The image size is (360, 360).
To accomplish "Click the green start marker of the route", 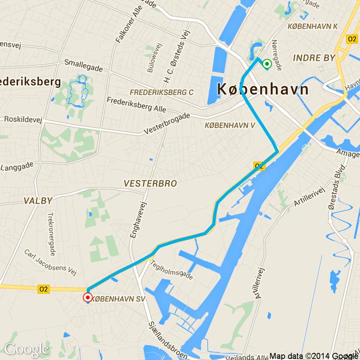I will (x=267, y=64).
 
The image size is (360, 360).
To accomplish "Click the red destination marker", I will (x=88, y=298).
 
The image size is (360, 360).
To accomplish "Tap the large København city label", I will (x=263, y=89).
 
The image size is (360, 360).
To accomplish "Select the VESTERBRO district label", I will (x=150, y=183).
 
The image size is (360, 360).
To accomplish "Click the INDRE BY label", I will (x=314, y=58).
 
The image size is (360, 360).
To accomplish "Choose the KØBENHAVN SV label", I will (x=119, y=298).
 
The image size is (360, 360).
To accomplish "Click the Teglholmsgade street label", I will (x=172, y=270).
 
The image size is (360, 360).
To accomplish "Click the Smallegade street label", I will (x=84, y=67).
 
